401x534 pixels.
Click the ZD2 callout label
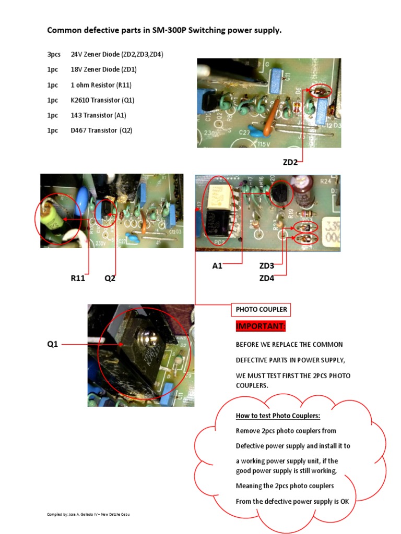(x=290, y=162)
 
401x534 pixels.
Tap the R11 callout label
(x=78, y=278)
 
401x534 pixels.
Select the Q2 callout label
(x=110, y=278)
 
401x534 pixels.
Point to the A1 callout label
(x=217, y=266)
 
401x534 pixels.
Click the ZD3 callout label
(x=267, y=266)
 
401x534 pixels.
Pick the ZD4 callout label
(x=267, y=278)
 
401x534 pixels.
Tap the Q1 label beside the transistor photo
(x=53, y=344)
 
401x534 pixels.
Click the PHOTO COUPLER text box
(x=261, y=310)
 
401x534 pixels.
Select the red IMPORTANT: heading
(x=261, y=326)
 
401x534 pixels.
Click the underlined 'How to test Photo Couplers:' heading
(x=278, y=416)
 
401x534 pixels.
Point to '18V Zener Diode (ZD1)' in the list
(x=104, y=69)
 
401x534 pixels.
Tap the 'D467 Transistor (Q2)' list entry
(x=101, y=130)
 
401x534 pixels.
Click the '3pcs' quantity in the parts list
(x=54, y=54)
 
